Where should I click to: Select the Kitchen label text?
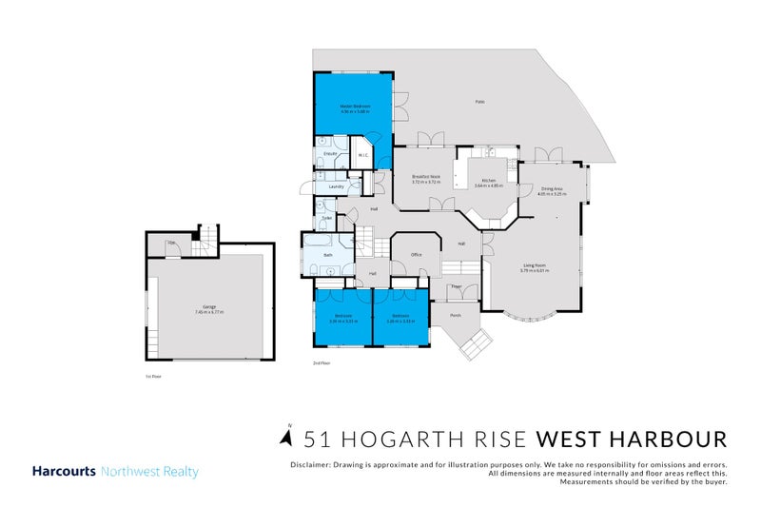coord(489,181)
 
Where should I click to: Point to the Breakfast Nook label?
coord(424,176)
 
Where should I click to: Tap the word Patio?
coord(480,102)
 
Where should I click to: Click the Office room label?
coord(416,254)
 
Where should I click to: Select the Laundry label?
coord(335,186)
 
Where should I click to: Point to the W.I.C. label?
coord(363,156)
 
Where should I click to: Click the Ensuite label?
coord(330,153)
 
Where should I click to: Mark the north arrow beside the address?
coord(286,437)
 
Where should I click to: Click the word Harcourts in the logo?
coord(64,472)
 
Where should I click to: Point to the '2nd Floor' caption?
coord(322,362)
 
